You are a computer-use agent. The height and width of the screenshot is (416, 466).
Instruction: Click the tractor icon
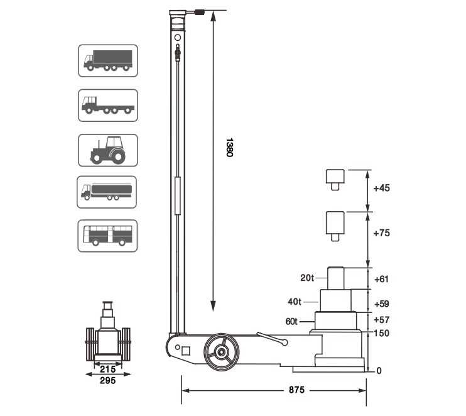pyautogui.click(x=108, y=150)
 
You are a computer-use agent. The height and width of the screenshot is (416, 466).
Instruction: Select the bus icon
pyautogui.click(x=107, y=236)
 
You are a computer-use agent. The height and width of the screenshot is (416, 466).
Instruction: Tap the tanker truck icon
pyautogui.click(x=107, y=192)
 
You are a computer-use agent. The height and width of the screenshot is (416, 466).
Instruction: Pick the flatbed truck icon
pyautogui.click(x=108, y=106)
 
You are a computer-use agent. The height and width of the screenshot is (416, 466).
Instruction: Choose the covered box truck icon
pyautogui.click(x=108, y=61)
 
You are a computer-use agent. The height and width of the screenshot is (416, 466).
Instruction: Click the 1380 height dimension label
pyautogui.click(x=229, y=147)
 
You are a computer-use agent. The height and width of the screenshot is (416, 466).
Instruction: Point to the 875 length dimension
pyautogui.click(x=296, y=390)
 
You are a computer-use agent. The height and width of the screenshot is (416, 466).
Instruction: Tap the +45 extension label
pyautogui.click(x=382, y=188)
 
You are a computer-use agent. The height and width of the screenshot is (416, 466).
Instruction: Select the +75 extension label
pyautogui.click(x=382, y=233)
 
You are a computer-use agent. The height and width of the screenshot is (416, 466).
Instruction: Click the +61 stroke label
pyautogui.click(x=382, y=279)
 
